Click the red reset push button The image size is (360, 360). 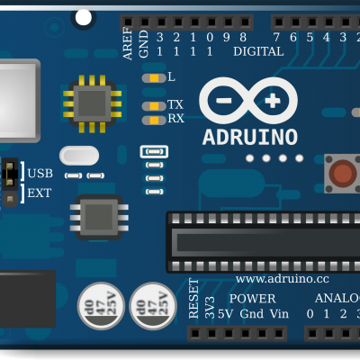(343, 174)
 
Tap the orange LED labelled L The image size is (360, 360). (154, 78)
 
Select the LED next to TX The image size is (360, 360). (154, 106)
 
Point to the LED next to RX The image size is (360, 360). (154, 121)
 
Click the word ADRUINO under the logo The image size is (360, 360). (250, 138)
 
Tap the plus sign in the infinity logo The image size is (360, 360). (273, 101)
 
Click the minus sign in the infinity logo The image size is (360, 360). (224, 101)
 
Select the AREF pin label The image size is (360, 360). (128, 43)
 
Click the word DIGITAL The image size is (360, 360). (258, 51)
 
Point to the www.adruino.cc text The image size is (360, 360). (283, 279)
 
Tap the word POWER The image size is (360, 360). (252, 299)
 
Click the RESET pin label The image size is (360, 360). (193, 299)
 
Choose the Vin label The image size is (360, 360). (279, 314)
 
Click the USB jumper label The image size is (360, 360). (40, 174)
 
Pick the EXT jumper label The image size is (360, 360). (40, 193)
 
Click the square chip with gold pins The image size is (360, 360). (92, 103)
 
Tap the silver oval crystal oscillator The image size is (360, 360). (79, 156)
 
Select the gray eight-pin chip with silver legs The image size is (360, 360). (99, 217)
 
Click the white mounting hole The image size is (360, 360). (84, 18)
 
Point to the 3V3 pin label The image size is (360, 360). (210, 308)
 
